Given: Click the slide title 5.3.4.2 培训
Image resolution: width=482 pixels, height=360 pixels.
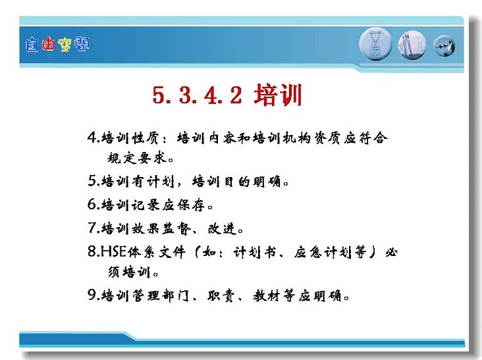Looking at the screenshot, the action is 227,95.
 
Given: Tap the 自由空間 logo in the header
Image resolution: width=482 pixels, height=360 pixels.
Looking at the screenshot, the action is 57,45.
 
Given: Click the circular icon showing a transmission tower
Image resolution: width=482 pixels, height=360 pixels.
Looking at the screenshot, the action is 375,44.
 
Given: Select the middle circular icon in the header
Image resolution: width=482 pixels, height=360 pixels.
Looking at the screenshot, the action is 412,45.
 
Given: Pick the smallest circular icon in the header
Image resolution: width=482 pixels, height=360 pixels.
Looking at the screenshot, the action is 444,46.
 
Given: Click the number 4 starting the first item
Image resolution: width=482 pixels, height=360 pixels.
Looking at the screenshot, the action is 92,138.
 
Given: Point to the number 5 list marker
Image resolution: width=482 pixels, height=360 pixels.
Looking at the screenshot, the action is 92,180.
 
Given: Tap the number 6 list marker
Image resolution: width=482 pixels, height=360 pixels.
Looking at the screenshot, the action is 92,204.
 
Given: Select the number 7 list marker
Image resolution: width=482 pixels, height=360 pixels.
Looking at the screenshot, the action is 92,228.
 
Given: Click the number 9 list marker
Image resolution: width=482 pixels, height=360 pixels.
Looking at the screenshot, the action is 92,295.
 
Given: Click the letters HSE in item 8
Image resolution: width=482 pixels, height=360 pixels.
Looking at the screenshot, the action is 113,251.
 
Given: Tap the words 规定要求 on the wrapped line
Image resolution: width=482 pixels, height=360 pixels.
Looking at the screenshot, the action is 137,158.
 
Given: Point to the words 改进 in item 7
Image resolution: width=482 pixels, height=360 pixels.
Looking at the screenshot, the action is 222,228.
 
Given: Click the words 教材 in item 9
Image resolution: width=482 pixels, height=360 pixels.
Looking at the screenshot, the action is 267,296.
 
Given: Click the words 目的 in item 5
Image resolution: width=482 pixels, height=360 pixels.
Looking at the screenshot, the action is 236,181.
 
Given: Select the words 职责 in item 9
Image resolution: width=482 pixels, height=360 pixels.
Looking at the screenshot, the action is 221,296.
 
